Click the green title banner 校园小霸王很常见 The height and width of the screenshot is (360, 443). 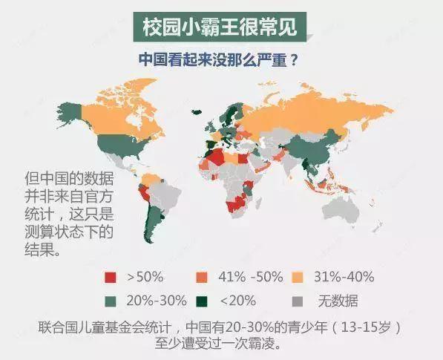point(221,27)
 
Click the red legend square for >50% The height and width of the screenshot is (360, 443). point(111,278)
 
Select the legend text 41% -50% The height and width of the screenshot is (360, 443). point(252,278)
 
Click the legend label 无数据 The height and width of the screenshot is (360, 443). point(338,301)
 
